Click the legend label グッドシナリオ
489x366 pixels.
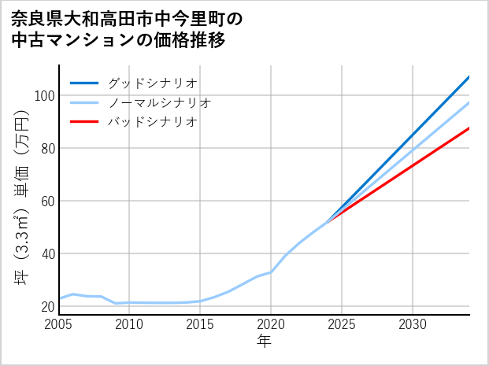(152, 83)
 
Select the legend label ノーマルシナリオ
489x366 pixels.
(159, 102)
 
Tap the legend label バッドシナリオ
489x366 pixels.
(152, 122)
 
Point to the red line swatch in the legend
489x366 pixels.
(85, 122)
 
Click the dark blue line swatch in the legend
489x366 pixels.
(85, 83)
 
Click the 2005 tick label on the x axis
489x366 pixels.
(59, 324)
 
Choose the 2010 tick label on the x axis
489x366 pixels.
(129, 324)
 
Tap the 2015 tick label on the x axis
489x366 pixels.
(200, 324)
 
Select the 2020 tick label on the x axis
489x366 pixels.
(271, 324)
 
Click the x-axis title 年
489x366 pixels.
(265, 342)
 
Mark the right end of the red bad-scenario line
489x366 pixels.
(469, 128)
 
